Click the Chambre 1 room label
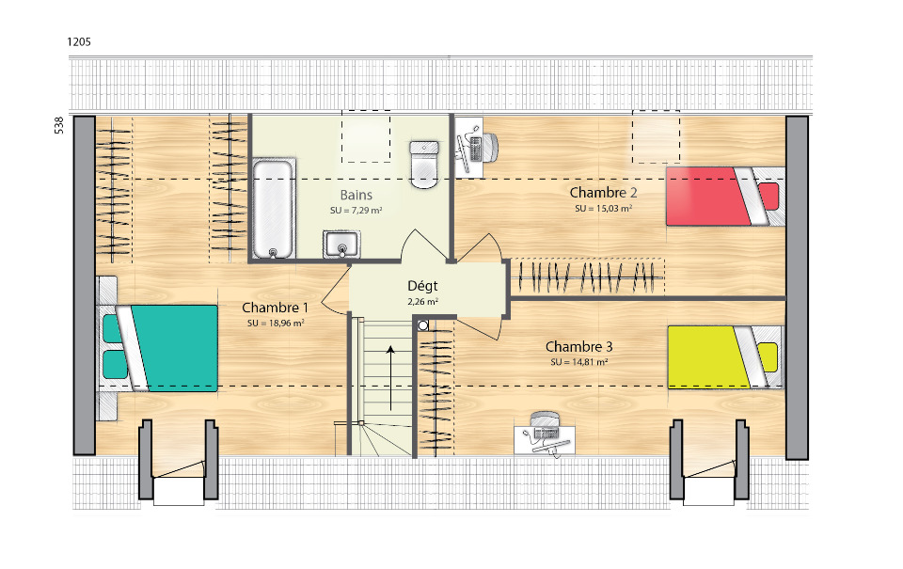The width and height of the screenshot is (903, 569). tap(275, 308)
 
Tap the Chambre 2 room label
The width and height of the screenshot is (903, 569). tap(603, 193)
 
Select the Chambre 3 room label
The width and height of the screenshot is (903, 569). tap(578, 347)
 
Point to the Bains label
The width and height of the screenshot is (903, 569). tap(356, 196)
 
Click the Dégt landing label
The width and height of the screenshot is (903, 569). tap(422, 286)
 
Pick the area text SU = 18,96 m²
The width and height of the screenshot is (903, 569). tap(276, 324)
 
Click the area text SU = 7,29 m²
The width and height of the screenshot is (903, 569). tap(356, 211)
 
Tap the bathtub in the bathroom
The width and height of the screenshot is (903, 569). tap(273, 209)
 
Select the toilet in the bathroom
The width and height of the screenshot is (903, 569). tap(424, 165)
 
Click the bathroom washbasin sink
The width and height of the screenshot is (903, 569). tap(341, 245)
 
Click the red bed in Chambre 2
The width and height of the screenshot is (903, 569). tap(725, 197)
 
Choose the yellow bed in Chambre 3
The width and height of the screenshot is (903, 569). tap(725, 357)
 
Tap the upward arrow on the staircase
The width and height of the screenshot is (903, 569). tap(390, 378)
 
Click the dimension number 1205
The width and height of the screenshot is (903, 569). tap(79, 41)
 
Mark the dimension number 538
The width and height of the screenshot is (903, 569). tap(58, 125)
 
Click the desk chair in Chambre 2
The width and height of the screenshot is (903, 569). tap(488, 147)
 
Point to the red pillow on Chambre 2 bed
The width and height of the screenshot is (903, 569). tap(768, 196)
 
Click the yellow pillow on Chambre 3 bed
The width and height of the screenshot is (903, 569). tap(768, 357)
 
